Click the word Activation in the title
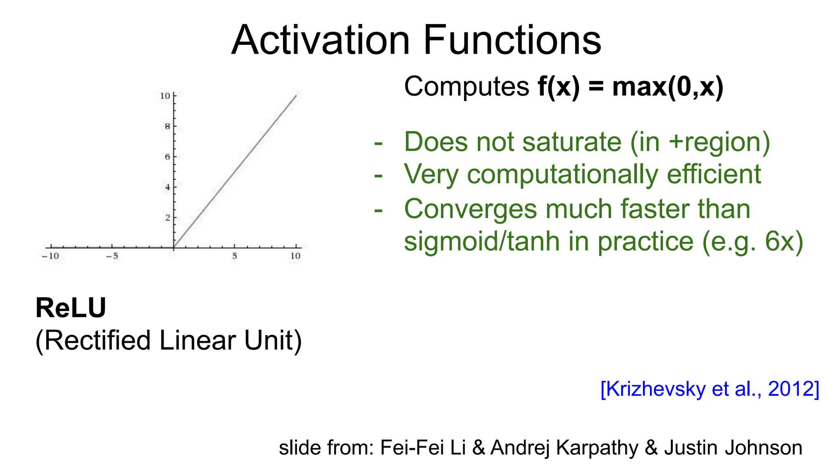coord(321,40)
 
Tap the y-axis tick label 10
coord(165,96)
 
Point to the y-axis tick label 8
coord(167,127)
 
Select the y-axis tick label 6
coord(167,157)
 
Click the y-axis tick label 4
coord(167,187)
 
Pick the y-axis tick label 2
coord(167,218)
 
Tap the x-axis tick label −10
coord(50,256)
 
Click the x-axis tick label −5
coord(112,256)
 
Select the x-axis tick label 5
coord(235,256)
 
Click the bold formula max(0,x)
coord(667,87)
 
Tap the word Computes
coord(466,87)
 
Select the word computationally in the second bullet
coord(563,175)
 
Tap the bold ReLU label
coord(71,308)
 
